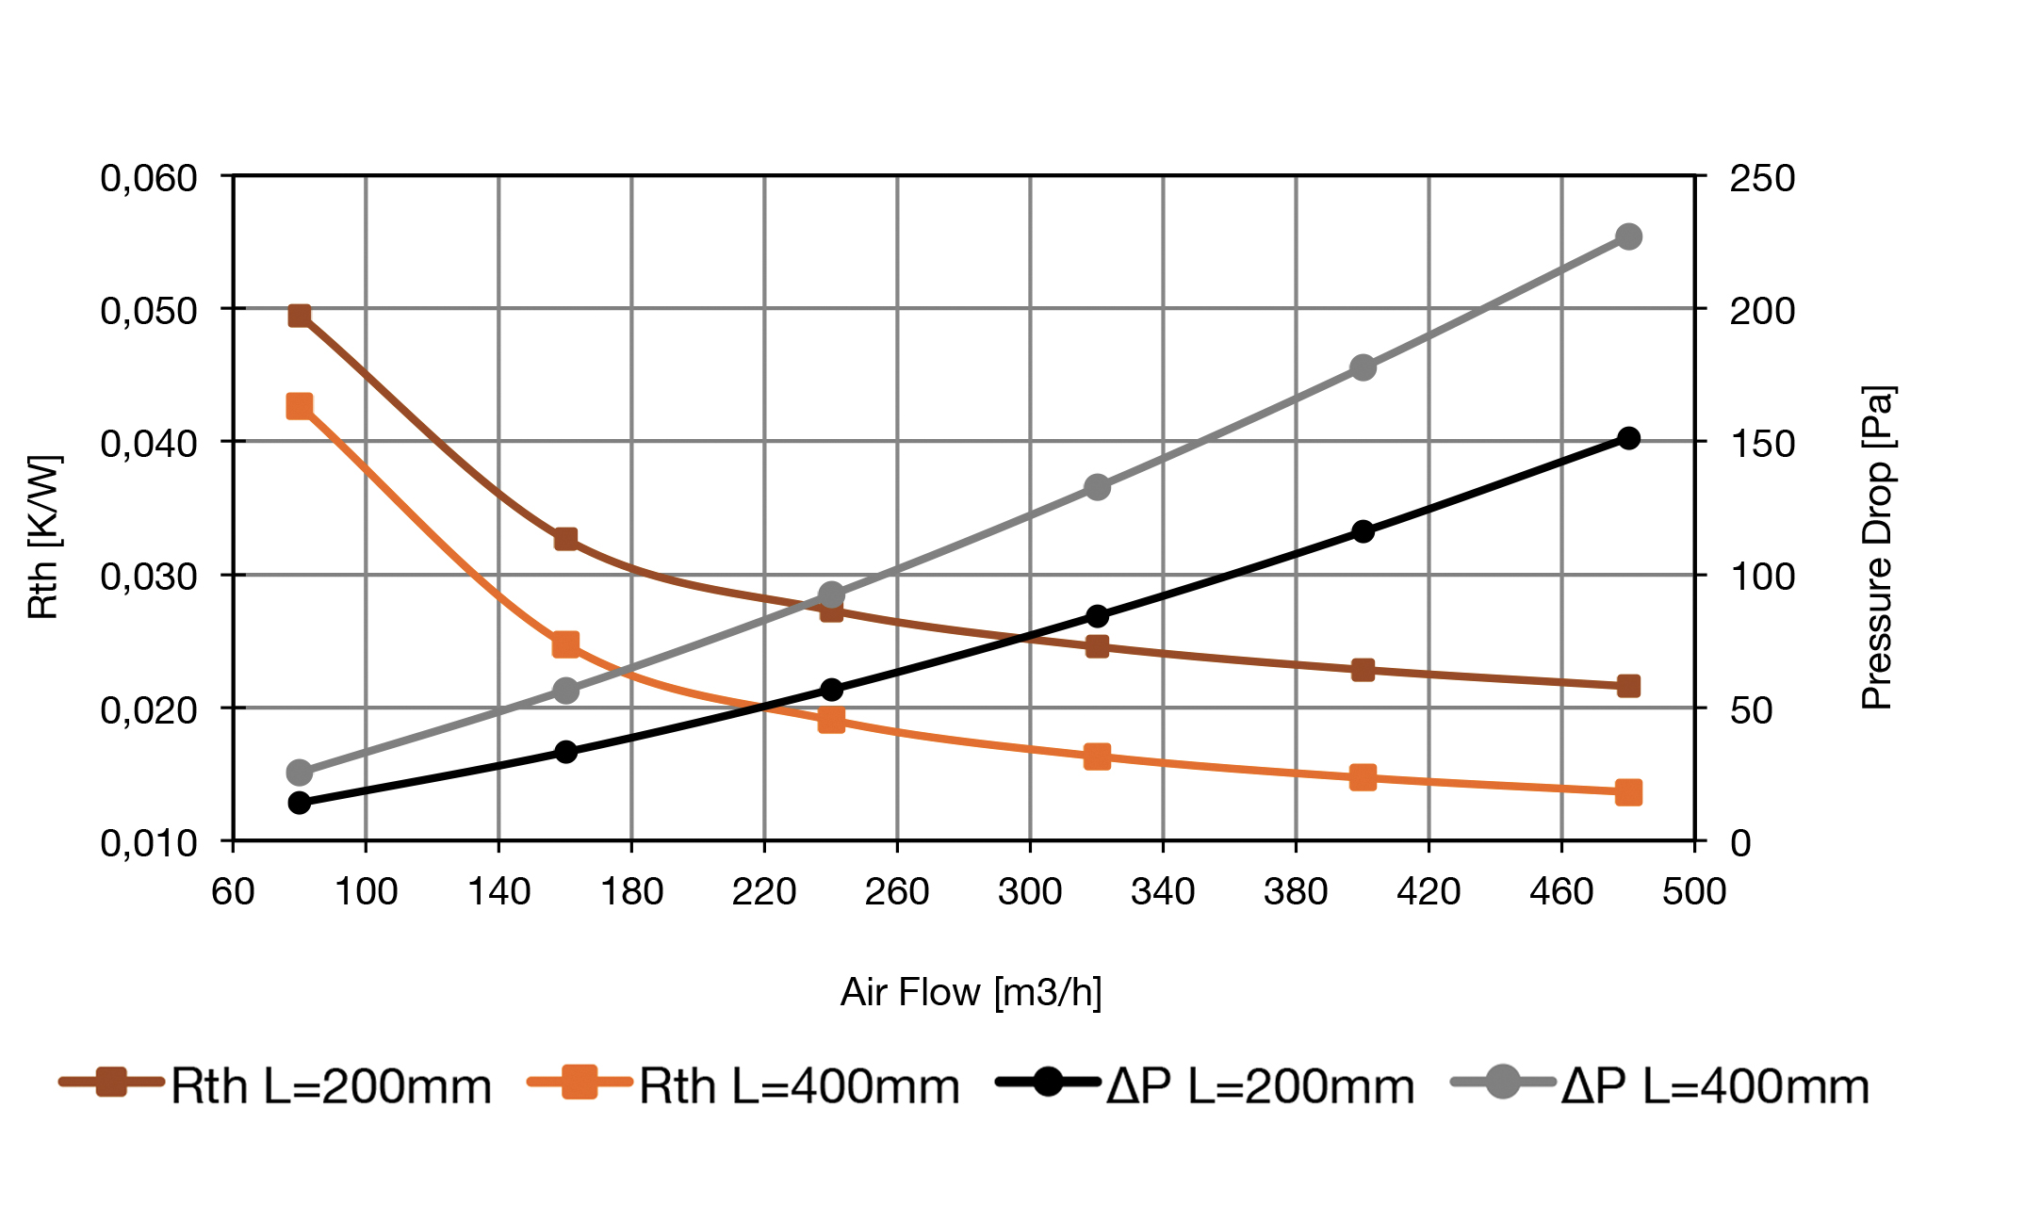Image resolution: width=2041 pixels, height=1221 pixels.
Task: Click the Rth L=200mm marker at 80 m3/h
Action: (300, 316)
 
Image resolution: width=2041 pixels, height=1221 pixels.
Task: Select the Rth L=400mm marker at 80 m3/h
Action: (300, 406)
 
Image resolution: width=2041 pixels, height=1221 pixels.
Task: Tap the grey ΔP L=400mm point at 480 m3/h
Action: (1628, 236)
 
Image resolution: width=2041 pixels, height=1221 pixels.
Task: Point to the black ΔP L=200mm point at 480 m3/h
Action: (1628, 438)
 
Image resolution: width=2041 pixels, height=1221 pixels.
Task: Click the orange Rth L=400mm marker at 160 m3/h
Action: (565, 644)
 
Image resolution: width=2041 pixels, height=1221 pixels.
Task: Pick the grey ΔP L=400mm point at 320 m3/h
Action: (1097, 487)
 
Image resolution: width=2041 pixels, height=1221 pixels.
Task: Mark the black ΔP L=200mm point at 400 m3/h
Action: (1363, 531)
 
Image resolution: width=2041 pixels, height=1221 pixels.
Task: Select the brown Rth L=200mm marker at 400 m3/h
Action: (1363, 670)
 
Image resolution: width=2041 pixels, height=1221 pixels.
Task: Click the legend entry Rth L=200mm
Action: (275, 1085)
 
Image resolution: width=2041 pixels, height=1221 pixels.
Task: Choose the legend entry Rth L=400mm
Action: (744, 1085)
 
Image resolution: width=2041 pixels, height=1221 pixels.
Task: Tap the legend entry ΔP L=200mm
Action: (1206, 1085)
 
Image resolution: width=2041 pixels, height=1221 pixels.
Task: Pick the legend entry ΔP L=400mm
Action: (1660, 1085)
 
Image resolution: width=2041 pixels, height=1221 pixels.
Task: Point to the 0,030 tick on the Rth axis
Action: (149, 576)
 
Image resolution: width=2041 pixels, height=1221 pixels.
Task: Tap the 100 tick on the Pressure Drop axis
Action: (1762, 576)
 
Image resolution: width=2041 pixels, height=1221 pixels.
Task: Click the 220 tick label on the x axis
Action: (764, 891)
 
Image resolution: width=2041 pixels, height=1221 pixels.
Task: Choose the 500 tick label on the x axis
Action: (1694, 891)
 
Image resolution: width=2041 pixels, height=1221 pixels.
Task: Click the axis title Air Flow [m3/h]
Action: (971, 992)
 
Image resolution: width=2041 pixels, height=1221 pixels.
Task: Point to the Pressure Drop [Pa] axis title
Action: (1877, 547)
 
